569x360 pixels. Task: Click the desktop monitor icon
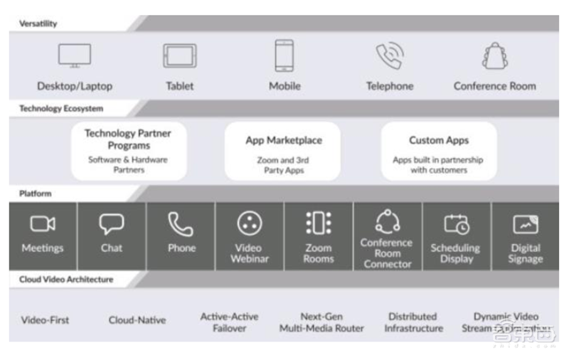pos(75,55)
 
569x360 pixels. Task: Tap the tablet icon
pos(180,55)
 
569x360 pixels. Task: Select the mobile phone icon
pos(284,55)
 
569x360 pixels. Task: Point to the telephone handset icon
pos(390,55)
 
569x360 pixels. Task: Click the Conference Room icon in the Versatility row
pos(495,55)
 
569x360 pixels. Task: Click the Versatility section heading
pos(38,23)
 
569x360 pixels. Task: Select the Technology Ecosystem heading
pos(61,109)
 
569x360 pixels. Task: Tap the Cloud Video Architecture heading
pos(66,280)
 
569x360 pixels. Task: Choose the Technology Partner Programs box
pos(129,150)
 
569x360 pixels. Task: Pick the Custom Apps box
pos(438,150)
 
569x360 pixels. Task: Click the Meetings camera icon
pos(43,224)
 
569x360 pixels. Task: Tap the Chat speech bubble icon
pos(112,224)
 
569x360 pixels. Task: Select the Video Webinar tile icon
pos(250,223)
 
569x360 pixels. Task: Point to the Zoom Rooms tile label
pos(319,253)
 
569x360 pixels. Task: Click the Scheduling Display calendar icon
pos(456,224)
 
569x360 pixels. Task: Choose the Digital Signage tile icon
pos(526,224)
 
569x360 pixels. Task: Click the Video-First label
pos(46,320)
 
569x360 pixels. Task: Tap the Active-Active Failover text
pos(229,322)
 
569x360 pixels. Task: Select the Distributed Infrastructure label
pos(413,322)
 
